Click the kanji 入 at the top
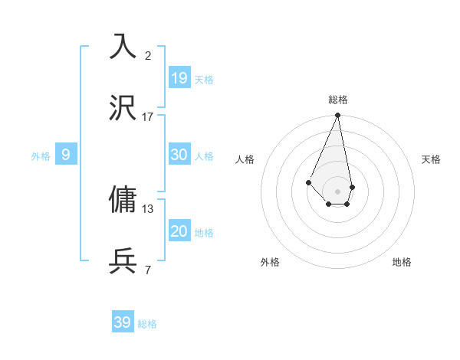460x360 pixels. click(x=123, y=46)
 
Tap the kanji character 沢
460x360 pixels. click(x=123, y=108)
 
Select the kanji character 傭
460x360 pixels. click(x=123, y=199)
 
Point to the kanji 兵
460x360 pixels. click(x=123, y=260)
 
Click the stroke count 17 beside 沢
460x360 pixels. click(x=148, y=117)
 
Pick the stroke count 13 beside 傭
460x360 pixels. click(x=148, y=208)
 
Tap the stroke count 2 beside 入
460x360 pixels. click(x=148, y=55)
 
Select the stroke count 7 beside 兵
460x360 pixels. click(x=148, y=270)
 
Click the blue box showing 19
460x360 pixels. click(x=179, y=77)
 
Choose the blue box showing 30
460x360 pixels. click(x=179, y=154)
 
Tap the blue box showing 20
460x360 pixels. click(x=179, y=231)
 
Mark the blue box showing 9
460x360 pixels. click(x=66, y=155)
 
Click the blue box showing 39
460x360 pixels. click(x=123, y=322)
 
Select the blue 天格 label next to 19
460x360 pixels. click(x=204, y=80)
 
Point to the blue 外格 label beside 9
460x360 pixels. click(x=41, y=156)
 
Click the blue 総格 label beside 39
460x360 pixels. click(x=147, y=324)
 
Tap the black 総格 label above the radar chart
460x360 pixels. click(x=338, y=100)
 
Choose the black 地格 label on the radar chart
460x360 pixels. click(x=402, y=262)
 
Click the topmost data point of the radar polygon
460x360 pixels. click(x=337, y=116)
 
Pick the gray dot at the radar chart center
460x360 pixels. click(x=337, y=191)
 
